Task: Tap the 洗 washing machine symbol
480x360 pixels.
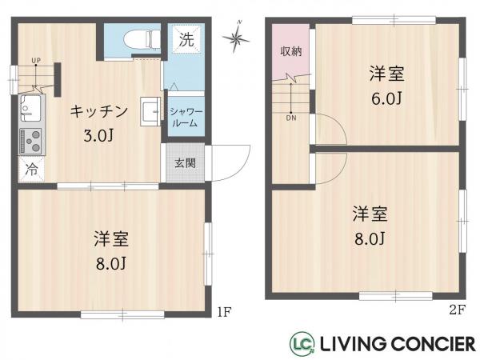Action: click(186, 38)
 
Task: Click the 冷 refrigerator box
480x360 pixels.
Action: click(30, 170)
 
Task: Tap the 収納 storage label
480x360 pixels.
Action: click(290, 52)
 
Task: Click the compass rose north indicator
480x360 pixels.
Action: click(238, 36)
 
